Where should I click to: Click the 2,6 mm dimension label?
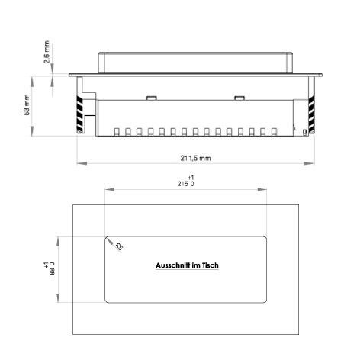pyautogui.click(x=47, y=52)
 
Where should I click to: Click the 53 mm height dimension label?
pyautogui.click(x=27, y=105)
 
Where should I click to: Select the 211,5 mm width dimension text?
pyautogui.click(x=195, y=158)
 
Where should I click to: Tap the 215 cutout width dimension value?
pyautogui.click(x=183, y=184)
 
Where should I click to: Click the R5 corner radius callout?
pyautogui.click(x=119, y=246)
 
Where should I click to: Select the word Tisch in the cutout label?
pyautogui.click(x=210, y=265)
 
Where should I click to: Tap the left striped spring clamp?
pyautogui.click(x=79, y=114)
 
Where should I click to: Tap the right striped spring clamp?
pyautogui.click(x=311, y=114)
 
